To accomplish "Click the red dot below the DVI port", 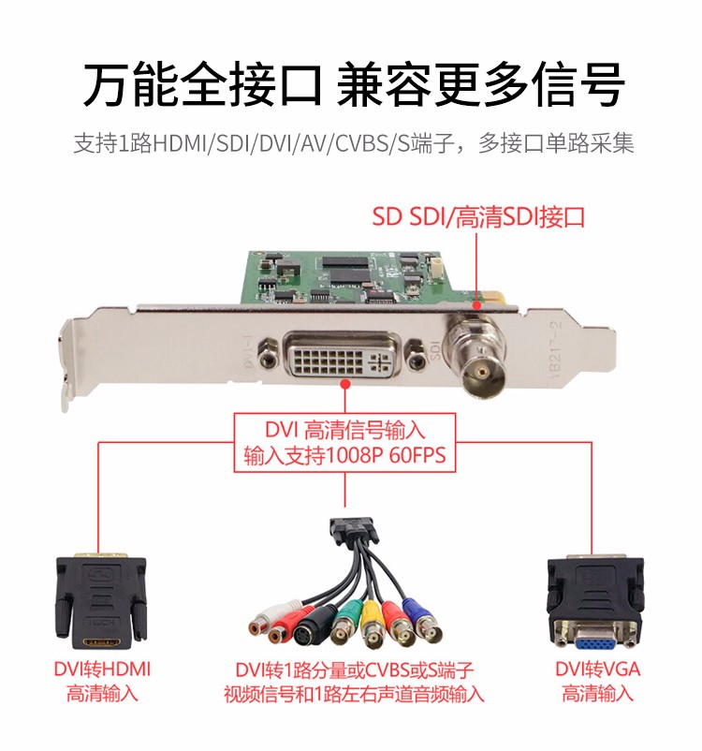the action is (x=344, y=384).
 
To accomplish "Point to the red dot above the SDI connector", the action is (x=476, y=305).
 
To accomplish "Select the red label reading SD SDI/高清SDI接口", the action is (x=479, y=217).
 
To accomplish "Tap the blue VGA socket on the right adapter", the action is (x=596, y=638).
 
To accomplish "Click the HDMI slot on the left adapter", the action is (x=101, y=641).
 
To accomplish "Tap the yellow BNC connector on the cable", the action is (x=372, y=625).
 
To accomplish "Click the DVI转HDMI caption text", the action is (x=102, y=670).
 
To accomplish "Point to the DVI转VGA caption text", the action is (x=597, y=670).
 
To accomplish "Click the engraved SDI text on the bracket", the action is (x=435, y=350).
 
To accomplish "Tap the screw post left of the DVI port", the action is (x=268, y=356).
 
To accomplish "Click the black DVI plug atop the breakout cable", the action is (x=352, y=530).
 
